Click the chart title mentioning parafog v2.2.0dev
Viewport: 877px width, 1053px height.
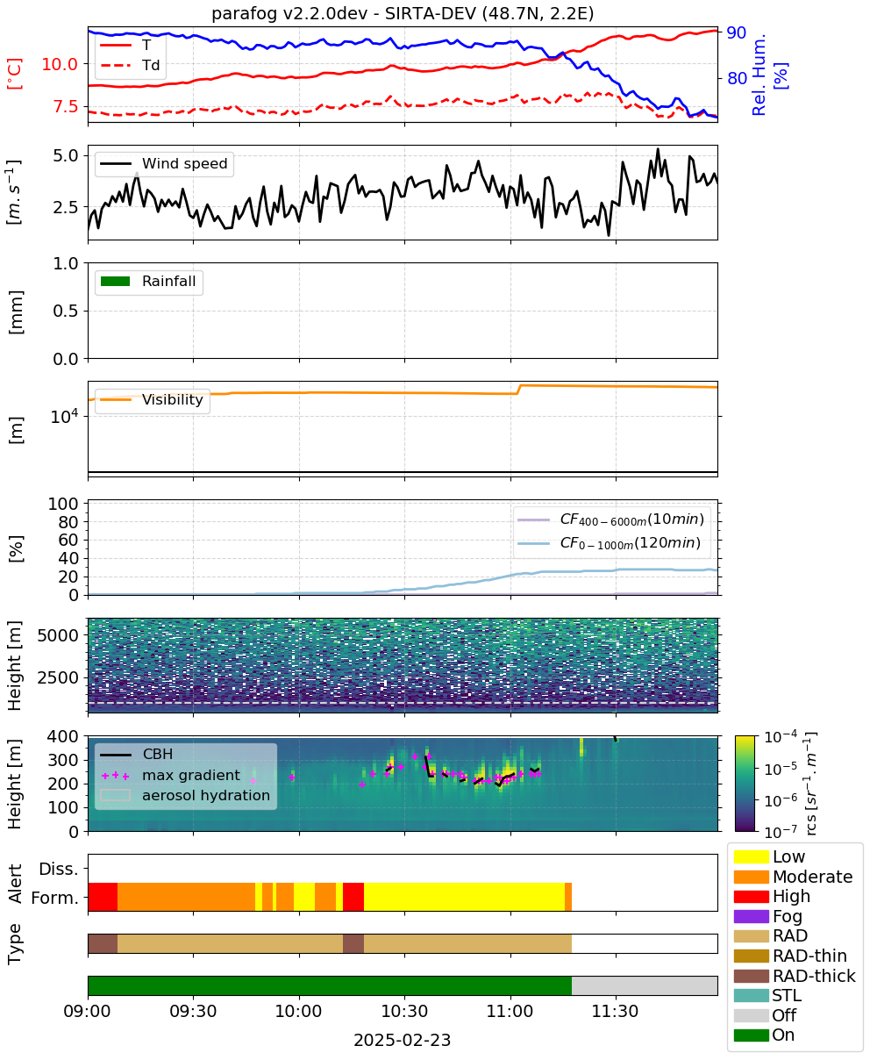403,13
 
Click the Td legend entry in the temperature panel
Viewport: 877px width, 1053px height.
130,65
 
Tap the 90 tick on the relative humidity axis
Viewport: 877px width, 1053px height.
736,32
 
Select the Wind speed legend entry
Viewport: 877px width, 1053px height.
164,163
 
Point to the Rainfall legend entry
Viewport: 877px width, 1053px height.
148,281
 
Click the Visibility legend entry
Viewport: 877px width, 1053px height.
151,399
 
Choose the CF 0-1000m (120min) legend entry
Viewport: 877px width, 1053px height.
610,542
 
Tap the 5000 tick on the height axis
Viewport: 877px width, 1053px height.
58,635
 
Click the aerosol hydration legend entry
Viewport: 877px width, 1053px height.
185,795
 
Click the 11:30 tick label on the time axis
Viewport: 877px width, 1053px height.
615,1011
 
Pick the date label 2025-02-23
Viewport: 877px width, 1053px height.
403,1040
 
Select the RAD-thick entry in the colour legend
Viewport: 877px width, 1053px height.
795,976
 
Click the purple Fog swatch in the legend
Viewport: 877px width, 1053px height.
751,916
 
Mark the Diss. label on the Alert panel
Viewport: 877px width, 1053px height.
59,869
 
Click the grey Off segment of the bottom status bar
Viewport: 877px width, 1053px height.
645,985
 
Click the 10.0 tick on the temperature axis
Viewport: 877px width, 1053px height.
60,64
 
